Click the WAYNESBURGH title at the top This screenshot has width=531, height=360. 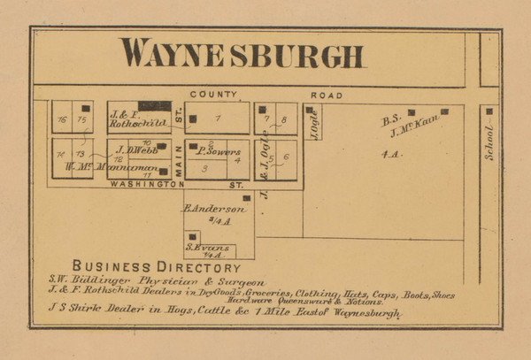tap(242, 54)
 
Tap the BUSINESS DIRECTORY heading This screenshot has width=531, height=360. tap(156, 266)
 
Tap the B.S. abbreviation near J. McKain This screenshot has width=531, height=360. tap(391, 117)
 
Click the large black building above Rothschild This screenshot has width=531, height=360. tap(154, 106)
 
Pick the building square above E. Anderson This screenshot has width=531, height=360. tap(246, 198)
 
